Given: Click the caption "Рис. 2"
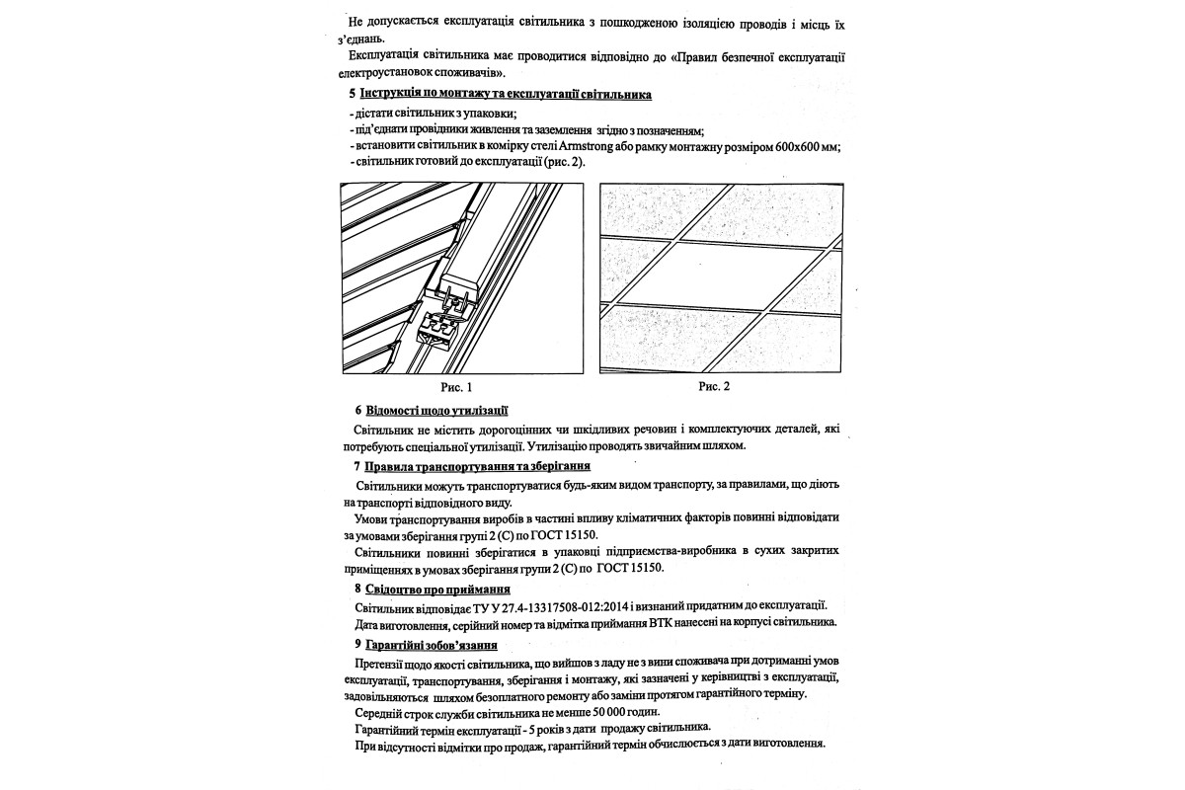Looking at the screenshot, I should pyautogui.click(x=714, y=386).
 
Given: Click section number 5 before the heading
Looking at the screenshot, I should pyautogui.click(x=352, y=95).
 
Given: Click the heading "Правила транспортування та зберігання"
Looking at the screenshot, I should pyautogui.click(x=478, y=465).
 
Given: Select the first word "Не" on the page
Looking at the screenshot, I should pyautogui.click(x=357, y=22).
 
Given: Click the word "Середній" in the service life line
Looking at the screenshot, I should pyautogui.click(x=379, y=712).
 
